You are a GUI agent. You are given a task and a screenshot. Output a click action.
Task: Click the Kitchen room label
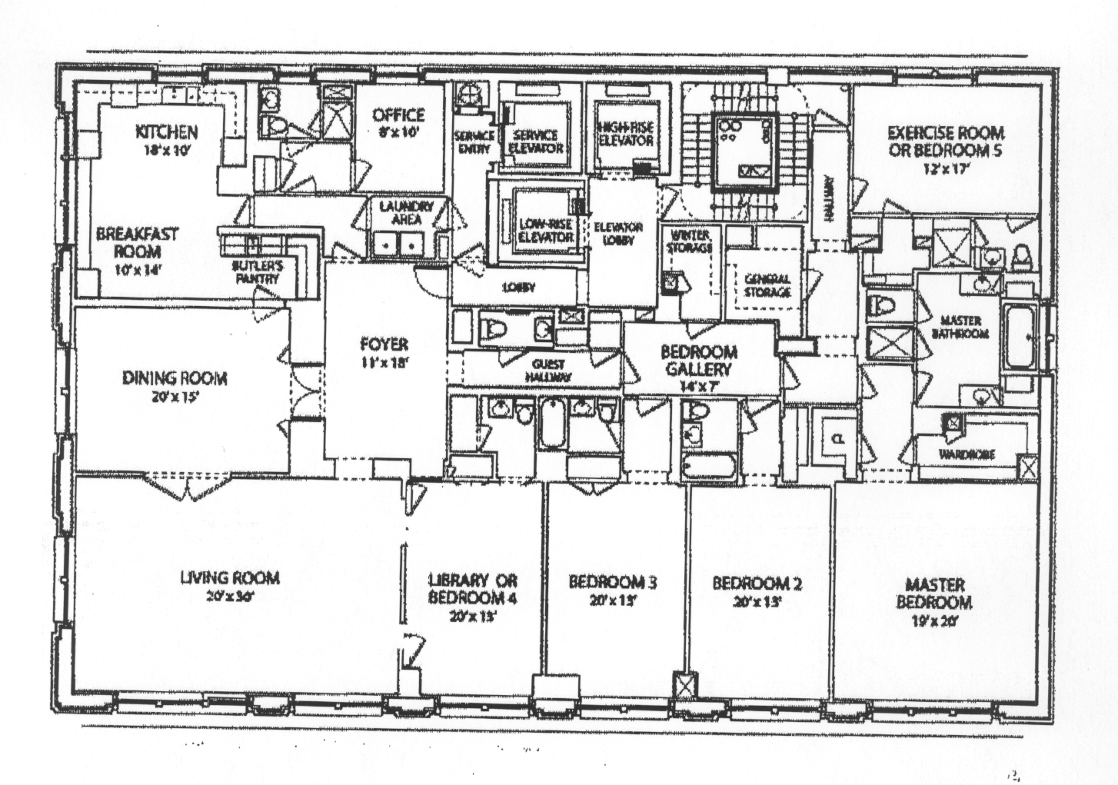pyautogui.click(x=167, y=132)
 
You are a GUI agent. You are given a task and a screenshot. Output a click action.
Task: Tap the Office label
pyautogui.click(x=398, y=115)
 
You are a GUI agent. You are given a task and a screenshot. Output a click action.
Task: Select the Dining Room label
pyautogui.click(x=175, y=378)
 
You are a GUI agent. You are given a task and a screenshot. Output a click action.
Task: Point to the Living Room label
pyautogui.click(x=230, y=577)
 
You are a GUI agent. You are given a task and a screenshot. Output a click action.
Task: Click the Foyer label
pyautogui.click(x=384, y=344)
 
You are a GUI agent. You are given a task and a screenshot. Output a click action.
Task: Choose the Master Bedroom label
pyautogui.click(x=934, y=593)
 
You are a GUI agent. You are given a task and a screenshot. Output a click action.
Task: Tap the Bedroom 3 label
pyautogui.click(x=613, y=582)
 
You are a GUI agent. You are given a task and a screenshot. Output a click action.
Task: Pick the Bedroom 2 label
pyautogui.click(x=757, y=584)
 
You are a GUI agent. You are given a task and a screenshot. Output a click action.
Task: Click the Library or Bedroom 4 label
pyautogui.click(x=473, y=589)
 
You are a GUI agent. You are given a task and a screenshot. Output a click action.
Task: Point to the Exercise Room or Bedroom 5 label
pyautogui.click(x=945, y=141)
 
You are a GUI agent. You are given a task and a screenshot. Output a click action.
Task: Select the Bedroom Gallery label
pyautogui.click(x=699, y=361)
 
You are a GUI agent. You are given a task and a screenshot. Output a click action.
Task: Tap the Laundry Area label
pyautogui.click(x=406, y=213)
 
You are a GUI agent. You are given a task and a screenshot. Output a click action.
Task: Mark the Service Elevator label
pyautogui.click(x=536, y=141)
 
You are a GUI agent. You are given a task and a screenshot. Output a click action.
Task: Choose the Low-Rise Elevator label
pyautogui.click(x=546, y=231)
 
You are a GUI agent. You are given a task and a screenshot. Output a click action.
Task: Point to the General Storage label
pyautogui.click(x=767, y=285)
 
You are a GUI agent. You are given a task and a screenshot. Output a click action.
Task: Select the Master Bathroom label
pyautogui.click(x=960, y=327)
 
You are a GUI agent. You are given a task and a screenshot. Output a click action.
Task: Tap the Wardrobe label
pyautogui.click(x=966, y=454)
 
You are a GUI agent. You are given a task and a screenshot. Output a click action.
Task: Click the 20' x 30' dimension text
pyautogui.click(x=230, y=596)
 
